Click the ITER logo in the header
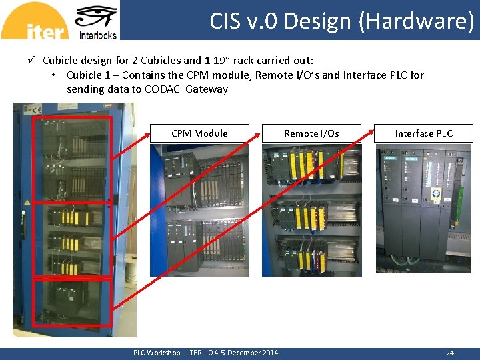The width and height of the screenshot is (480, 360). pos(35,21)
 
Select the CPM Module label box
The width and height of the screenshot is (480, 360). pos(199,133)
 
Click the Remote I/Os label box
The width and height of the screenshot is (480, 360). pos(311,133)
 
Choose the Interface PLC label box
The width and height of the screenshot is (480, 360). pos(423,133)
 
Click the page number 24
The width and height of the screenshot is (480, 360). pos(449,353)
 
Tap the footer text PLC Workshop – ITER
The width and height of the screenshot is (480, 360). pos(167,353)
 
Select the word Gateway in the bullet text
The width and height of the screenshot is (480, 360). pos(207,89)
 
